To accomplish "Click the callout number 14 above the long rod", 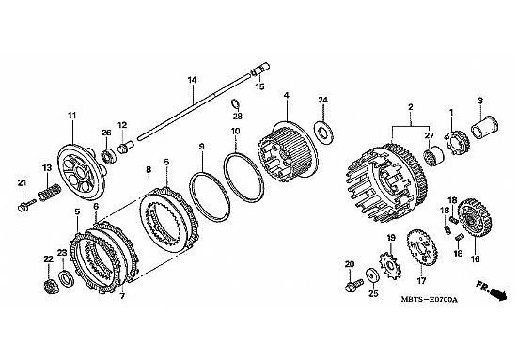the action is coord(192,80).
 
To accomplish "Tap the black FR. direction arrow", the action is coord(498,293).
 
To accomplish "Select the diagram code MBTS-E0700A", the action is coord(430,300).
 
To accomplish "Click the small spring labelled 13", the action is coord(50,192).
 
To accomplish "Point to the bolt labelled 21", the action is coord(26,205).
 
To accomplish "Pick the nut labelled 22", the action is coord(51,286).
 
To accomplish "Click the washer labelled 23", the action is coord(67,277).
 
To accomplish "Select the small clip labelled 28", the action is coord(235,103).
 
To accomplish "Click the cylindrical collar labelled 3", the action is coord(484,128).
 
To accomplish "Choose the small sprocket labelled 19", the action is coord(390,265).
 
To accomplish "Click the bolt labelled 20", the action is coord(354,285).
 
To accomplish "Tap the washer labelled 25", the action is coord(373,275).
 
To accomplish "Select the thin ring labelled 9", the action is coord(210,196).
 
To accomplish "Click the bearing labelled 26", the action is coord(108,156).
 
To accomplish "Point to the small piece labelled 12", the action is coord(125,148).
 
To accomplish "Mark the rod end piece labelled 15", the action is coord(260,70).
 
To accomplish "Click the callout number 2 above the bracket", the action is coord(411,107).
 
